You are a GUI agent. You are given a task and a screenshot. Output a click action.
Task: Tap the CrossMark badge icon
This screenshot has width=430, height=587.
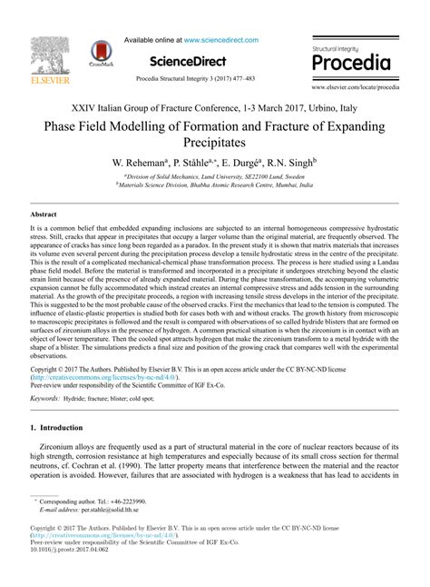pos(102,55)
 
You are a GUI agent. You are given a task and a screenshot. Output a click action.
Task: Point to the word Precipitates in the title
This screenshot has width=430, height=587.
pos(214,142)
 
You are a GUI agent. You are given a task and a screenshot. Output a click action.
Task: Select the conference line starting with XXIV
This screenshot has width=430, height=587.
pos(214,106)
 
